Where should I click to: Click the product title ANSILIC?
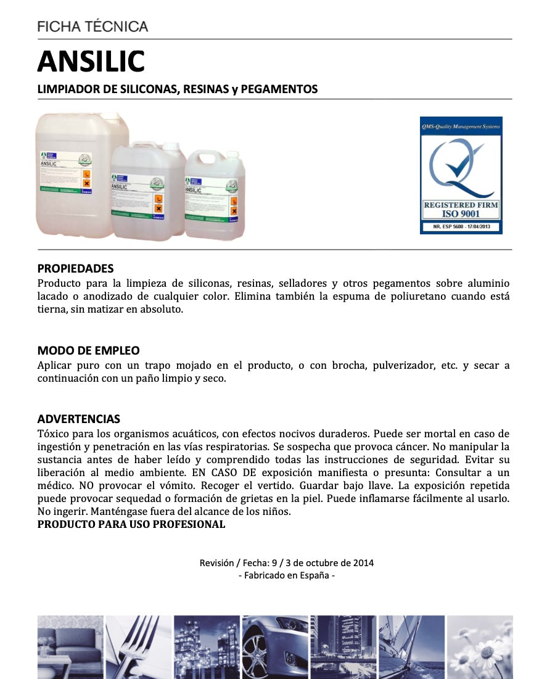[x=91, y=61]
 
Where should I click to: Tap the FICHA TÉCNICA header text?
[x=93, y=27]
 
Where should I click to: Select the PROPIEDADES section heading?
[x=75, y=269]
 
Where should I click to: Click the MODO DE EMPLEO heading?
[x=88, y=351]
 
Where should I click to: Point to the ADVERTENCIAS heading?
[x=78, y=419]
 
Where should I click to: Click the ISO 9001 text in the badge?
[x=461, y=214]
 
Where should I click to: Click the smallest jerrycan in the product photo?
[x=215, y=194]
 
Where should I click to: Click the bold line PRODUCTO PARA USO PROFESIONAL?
[x=131, y=525]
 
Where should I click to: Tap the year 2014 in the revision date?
[x=363, y=563]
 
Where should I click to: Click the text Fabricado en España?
[x=287, y=575]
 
